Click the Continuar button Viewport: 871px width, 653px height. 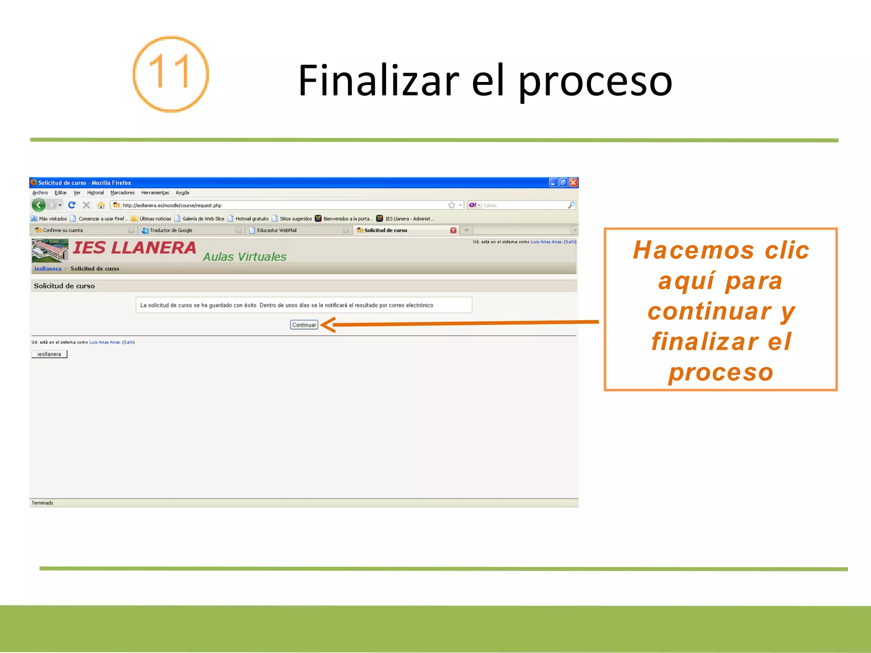pyautogui.click(x=304, y=325)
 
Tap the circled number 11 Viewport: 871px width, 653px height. pyautogui.click(x=171, y=74)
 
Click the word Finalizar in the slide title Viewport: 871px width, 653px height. pyautogui.click(x=379, y=80)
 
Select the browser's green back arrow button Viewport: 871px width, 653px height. pyautogui.click(x=39, y=205)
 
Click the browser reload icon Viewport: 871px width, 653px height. pyautogui.click(x=72, y=205)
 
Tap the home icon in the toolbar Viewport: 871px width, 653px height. pyautogui.click(x=101, y=205)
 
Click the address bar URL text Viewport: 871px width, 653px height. pyautogui.click(x=172, y=205)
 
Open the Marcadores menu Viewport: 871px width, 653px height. pyautogui.click(x=122, y=193)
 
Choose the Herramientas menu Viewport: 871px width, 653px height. pyautogui.click(x=155, y=193)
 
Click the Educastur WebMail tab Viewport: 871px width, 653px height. pyautogui.click(x=276, y=230)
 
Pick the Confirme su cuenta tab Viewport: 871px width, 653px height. pyautogui.click(x=63, y=230)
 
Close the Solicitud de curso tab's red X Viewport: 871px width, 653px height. pyautogui.click(x=453, y=230)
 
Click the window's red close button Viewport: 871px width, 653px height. pyautogui.click(x=573, y=182)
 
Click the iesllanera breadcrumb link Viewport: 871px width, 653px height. pyautogui.click(x=48, y=269)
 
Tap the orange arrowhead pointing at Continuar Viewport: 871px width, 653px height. pyautogui.click(x=328, y=325)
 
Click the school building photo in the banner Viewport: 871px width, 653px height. pyautogui.click(x=50, y=250)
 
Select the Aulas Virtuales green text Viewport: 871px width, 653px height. pyautogui.click(x=245, y=257)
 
